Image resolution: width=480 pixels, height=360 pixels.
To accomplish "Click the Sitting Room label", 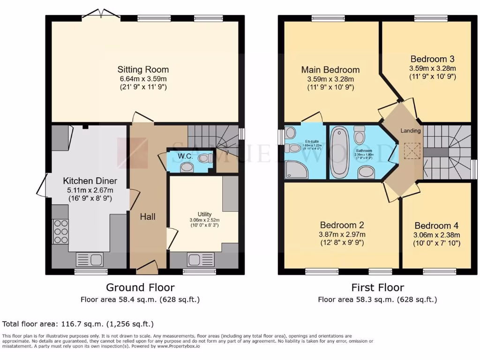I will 142,70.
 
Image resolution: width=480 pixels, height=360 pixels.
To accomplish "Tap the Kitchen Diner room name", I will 90,181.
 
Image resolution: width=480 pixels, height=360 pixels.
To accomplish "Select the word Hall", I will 148,217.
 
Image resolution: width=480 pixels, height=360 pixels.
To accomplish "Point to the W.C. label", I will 187,156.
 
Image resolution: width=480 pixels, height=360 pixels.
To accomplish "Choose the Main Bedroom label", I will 330,70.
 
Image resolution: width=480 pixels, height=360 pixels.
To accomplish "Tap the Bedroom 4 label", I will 436,225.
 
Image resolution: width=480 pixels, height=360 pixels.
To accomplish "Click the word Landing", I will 410,130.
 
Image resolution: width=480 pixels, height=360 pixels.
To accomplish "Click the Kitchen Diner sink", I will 90,259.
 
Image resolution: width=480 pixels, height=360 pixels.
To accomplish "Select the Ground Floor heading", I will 140,287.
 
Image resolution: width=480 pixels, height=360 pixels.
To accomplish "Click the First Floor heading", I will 377,287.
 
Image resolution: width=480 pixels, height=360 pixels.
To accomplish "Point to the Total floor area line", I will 78,324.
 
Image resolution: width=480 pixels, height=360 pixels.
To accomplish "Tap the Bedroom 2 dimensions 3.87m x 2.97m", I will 342,234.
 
